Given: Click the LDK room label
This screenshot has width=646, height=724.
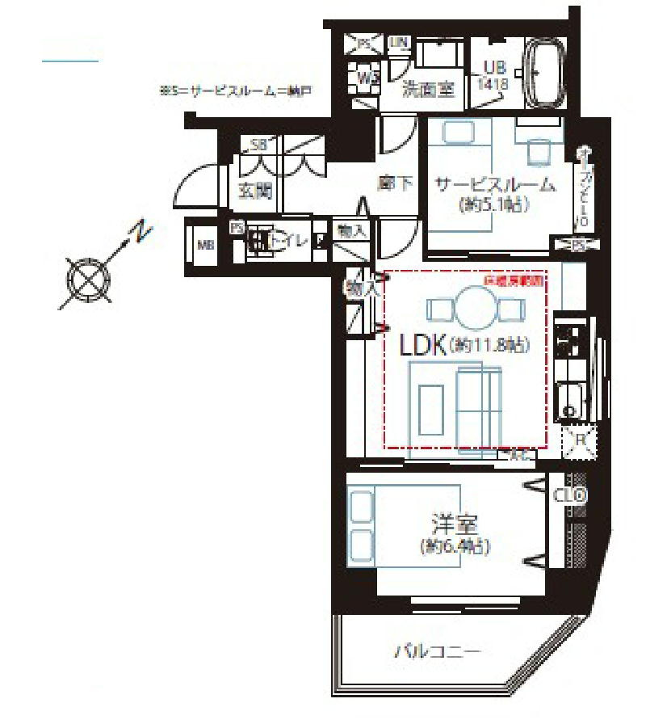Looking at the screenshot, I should click(423, 346).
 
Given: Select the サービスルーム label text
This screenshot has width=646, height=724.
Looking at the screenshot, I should click(495, 184).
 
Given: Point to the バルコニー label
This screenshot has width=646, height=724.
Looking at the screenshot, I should click(438, 650).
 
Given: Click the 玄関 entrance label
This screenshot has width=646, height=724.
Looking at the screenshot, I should click(255, 192).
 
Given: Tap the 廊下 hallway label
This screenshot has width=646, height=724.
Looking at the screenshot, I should click(396, 184).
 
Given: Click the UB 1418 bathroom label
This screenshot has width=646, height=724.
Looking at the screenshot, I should click(496, 75).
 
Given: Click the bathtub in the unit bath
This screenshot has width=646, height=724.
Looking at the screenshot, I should click(546, 74).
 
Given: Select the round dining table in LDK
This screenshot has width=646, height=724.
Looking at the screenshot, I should click(477, 308).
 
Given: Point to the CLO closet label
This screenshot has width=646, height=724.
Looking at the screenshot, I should click(570, 495).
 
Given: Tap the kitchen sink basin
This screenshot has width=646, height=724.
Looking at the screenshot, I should click(573, 400).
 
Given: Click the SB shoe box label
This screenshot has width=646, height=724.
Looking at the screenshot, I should click(258, 145).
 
